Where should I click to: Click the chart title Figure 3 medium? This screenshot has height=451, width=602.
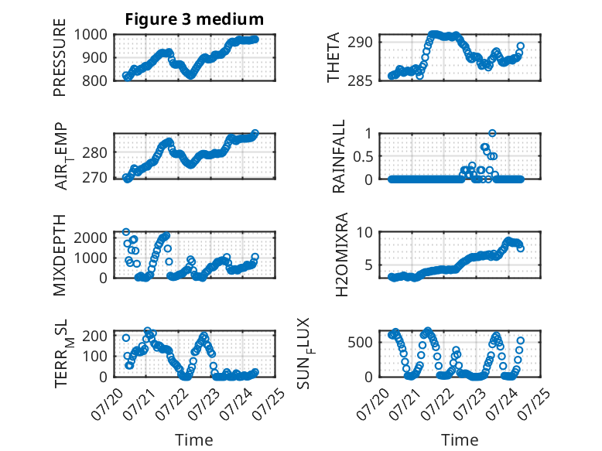tap(194, 19)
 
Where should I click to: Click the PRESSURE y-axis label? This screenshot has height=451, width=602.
tap(60, 57)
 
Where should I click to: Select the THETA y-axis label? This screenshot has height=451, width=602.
tap(333, 57)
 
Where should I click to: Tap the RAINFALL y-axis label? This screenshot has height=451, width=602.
tap(339, 155)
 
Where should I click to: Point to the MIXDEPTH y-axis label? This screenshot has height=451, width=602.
tap(60, 255)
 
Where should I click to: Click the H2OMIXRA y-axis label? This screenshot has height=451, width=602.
tap(341, 255)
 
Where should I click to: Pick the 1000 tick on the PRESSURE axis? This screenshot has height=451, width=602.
tap(91, 35)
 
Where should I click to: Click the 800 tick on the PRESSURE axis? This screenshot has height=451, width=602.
tap(94, 80)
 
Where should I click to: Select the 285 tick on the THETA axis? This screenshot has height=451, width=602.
tap(360, 80)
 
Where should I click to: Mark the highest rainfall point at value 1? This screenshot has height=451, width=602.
tap(492, 133)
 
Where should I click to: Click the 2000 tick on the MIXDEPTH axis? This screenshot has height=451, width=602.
tap(91, 238)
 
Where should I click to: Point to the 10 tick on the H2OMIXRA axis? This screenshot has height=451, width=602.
tap(364, 232)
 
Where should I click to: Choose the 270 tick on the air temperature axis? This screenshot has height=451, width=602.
tap(94, 178)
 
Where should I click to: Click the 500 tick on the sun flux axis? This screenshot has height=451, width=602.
tap(360, 343)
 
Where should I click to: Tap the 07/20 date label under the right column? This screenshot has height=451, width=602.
tap(373, 404)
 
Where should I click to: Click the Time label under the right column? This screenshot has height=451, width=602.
tap(460, 440)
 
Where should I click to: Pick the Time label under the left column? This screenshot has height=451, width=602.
tap(194, 440)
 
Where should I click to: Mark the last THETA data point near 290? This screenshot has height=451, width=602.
tap(520, 46)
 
